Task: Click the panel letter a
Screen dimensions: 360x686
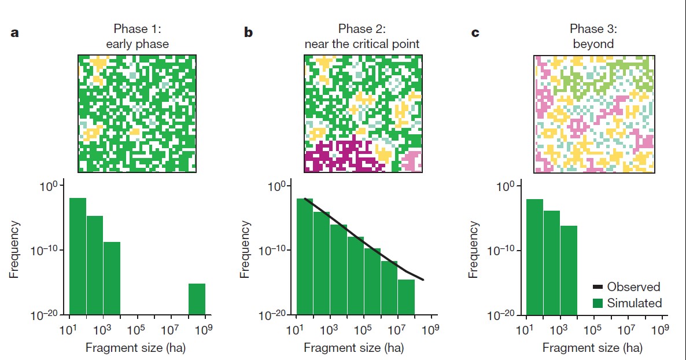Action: [x=15, y=33]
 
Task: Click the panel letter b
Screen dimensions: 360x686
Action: [x=248, y=33]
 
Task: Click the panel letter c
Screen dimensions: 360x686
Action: [x=475, y=33]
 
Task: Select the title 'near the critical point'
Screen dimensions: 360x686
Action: [x=362, y=43]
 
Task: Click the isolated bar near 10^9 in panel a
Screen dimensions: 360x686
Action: [x=197, y=299]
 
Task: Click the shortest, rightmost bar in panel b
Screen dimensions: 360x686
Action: [x=406, y=297]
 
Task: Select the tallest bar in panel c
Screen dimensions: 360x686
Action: [x=534, y=257]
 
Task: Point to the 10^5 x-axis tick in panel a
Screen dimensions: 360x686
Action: [x=137, y=330]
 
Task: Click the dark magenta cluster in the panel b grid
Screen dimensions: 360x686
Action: [x=336, y=156]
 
